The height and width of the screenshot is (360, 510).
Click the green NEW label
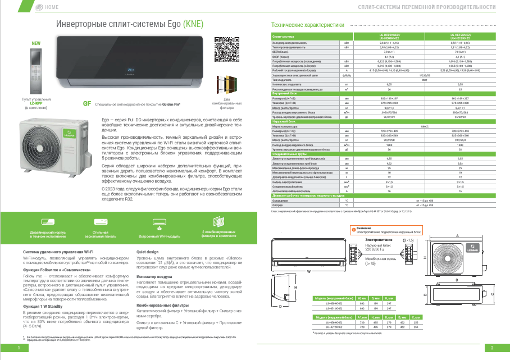[x=36, y=44]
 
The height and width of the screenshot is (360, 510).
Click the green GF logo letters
[x=87, y=104]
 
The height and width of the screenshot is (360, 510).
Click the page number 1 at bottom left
[x=19, y=349]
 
